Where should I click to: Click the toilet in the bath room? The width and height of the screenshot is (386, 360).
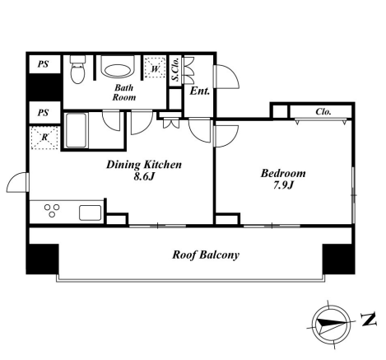coord(77,69)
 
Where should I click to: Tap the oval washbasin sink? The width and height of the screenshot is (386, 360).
coord(118,71)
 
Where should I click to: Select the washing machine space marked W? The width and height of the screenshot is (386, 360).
coord(155,68)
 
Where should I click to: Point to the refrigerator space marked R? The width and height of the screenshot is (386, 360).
coord(44,138)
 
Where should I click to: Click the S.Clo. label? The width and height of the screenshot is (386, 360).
coord(175,70)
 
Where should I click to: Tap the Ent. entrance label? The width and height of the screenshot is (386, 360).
coord(200,91)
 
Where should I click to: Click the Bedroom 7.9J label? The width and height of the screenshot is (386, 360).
coord(283,179)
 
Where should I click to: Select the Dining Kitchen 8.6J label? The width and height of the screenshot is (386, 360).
coord(144,171)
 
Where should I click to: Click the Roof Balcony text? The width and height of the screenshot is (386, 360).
coord(206,255)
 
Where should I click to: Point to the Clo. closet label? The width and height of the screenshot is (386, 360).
coord(323,111)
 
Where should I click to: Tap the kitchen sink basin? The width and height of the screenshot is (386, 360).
coord(91,213)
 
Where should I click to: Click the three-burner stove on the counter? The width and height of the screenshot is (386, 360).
coord(52,211)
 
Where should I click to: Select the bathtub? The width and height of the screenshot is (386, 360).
coord(76,130)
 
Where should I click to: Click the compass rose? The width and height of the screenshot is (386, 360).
coord(331,325)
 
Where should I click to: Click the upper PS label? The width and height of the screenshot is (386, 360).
coord(43,64)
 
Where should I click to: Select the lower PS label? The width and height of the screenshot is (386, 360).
coord(43,113)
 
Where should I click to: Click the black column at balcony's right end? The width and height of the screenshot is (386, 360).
coord(339,259)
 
